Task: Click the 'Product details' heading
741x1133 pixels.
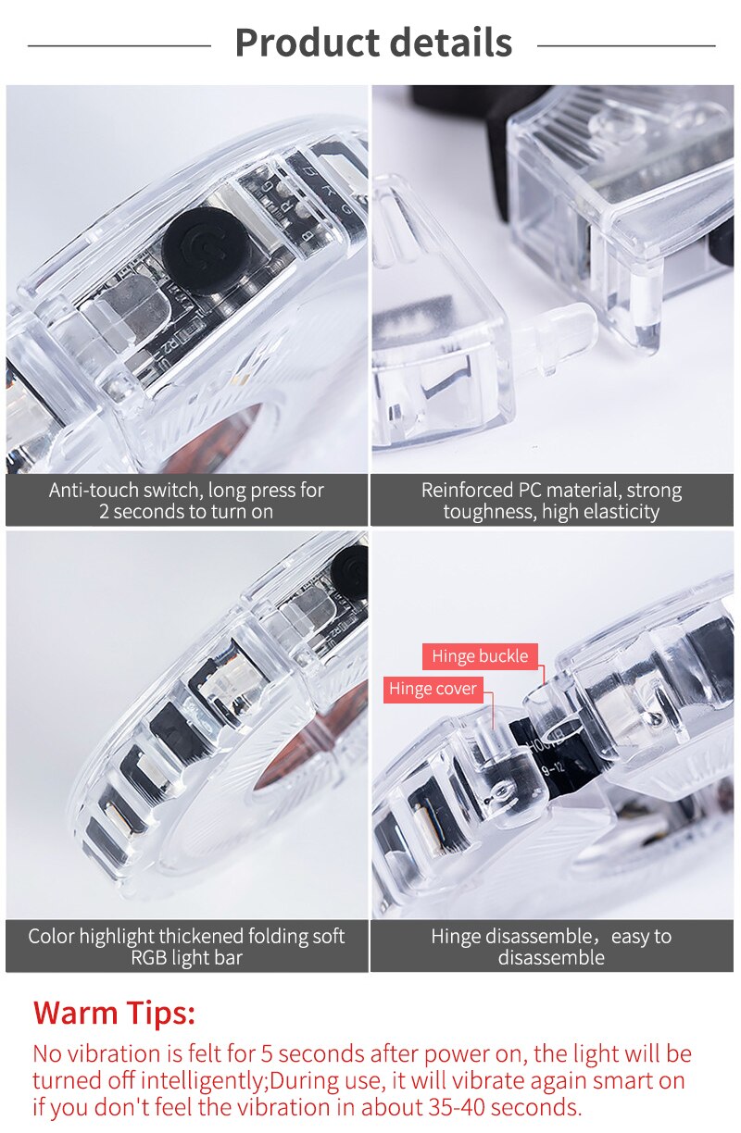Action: [372, 43]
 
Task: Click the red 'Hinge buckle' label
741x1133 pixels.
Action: [480, 656]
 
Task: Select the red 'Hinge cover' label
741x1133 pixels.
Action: [433, 689]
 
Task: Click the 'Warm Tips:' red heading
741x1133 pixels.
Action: [114, 1012]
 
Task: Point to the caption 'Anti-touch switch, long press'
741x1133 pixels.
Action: [186, 490]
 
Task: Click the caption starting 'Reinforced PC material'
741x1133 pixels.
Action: [551, 490]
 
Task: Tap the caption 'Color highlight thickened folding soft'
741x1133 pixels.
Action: [186, 936]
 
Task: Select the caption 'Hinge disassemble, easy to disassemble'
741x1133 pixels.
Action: [551, 946]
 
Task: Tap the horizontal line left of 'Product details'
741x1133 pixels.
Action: [119, 44]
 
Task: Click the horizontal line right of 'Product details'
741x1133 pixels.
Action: [626, 44]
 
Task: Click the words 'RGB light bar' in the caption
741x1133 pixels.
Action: [186, 958]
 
